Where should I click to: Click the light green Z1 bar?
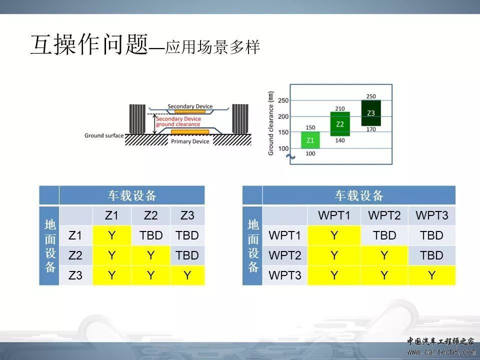click(x=310, y=140)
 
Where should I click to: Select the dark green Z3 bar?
click(x=371, y=113)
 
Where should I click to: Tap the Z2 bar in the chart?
click(x=340, y=124)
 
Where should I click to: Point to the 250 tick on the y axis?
click(x=283, y=100)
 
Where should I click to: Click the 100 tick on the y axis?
click(x=283, y=148)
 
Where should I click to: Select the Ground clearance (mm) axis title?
click(x=270, y=123)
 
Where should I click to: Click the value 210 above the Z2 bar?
click(x=340, y=108)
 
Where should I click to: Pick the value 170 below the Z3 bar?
click(x=371, y=129)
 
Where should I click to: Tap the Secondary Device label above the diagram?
click(x=190, y=106)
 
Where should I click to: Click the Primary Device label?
click(x=190, y=141)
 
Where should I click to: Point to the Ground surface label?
click(x=104, y=135)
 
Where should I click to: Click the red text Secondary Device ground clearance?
click(x=178, y=121)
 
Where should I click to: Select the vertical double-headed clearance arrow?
click(x=155, y=124)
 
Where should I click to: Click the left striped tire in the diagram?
click(x=137, y=119)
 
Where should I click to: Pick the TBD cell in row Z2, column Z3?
click(x=187, y=255)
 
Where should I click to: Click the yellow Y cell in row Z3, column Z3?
click(x=187, y=275)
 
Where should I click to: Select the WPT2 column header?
click(x=384, y=215)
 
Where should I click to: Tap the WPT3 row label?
click(x=285, y=275)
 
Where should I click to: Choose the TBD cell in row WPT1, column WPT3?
click(x=431, y=235)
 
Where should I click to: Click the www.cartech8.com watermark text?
click(x=441, y=352)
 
